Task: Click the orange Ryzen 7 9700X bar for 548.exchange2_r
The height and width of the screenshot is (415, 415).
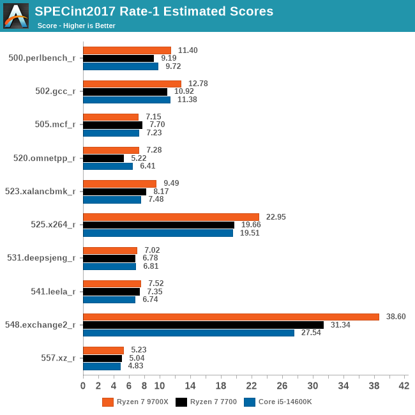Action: pyautogui.click(x=231, y=317)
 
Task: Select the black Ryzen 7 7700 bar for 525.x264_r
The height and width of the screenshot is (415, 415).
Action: pyautogui.click(x=158, y=225)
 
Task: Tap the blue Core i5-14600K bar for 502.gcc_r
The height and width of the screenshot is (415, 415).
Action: pyautogui.click(x=126, y=100)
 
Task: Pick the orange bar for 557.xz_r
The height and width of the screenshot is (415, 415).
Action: pyautogui.click(x=103, y=350)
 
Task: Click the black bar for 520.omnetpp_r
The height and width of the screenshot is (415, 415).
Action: pyautogui.click(x=103, y=158)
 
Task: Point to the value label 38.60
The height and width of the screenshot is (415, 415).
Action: pyautogui.click(x=396, y=317)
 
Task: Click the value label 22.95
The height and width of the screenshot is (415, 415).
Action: pyautogui.click(x=276, y=217)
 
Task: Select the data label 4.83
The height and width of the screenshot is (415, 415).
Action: pyautogui.click(x=135, y=366)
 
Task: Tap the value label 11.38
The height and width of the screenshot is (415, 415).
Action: pyautogui.click(x=187, y=100)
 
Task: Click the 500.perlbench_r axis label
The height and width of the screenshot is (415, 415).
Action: pyautogui.click(x=42, y=57)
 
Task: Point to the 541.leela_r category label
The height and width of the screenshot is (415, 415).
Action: pyautogui.click(x=54, y=291)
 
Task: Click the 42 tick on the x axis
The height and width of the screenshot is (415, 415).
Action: pyautogui.click(x=404, y=386)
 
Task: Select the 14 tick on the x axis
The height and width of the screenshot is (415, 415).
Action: pyautogui.click(x=190, y=386)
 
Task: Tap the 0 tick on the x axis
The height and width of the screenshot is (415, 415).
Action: pyautogui.click(x=83, y=386)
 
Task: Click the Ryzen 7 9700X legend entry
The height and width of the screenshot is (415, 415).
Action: pyautogui.click(x=135, y=402)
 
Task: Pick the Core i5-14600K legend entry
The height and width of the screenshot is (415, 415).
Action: pyautogui.click(x=278, y=402)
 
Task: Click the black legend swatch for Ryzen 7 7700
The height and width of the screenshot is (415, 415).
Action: pyautogui.click(x=181, y=402)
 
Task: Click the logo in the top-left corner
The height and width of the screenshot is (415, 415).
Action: pyautogui.click(x=16, y=16)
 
